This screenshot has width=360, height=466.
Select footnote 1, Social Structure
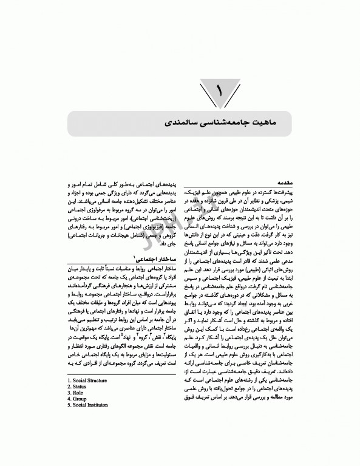coord(90,397)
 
